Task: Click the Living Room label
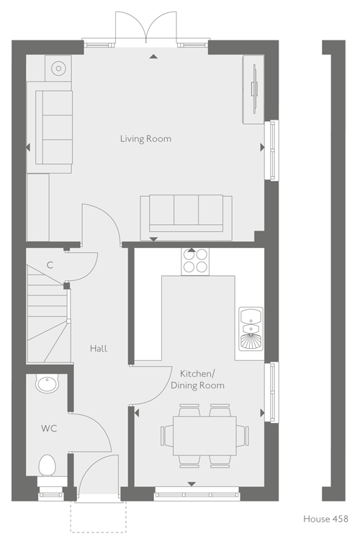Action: coord(145,138)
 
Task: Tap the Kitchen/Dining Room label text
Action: coord(197,379)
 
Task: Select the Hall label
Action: coord(99,349)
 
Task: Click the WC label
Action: coord(49,429)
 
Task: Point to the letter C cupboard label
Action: coord(50,266)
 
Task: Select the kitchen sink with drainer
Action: coord(251,329)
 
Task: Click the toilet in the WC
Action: coord(48,465)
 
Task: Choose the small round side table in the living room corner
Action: coord(58,68)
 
